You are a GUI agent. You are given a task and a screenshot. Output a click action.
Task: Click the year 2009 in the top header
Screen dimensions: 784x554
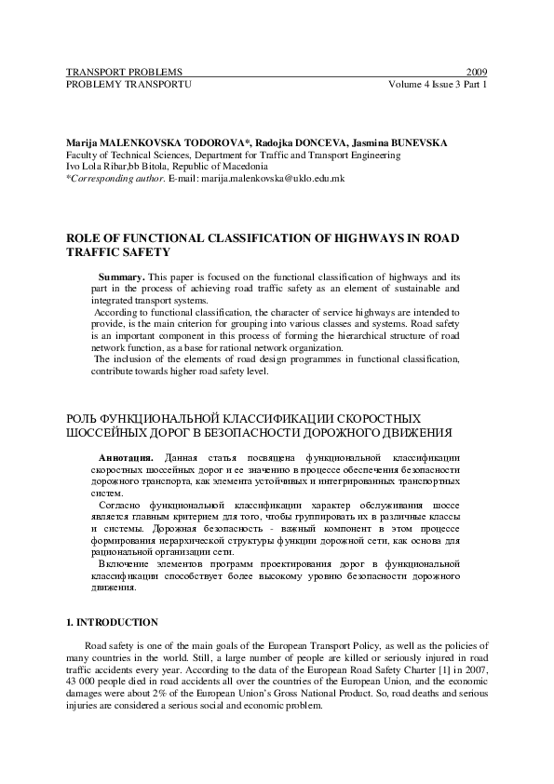pos(477,72)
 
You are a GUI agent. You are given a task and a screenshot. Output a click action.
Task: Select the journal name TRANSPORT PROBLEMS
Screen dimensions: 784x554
pos(124,72)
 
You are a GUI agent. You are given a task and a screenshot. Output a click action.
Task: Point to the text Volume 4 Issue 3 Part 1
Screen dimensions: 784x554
pos(439,84)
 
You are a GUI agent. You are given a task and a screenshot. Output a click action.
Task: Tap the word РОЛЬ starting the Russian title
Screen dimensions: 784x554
pos(86,419)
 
